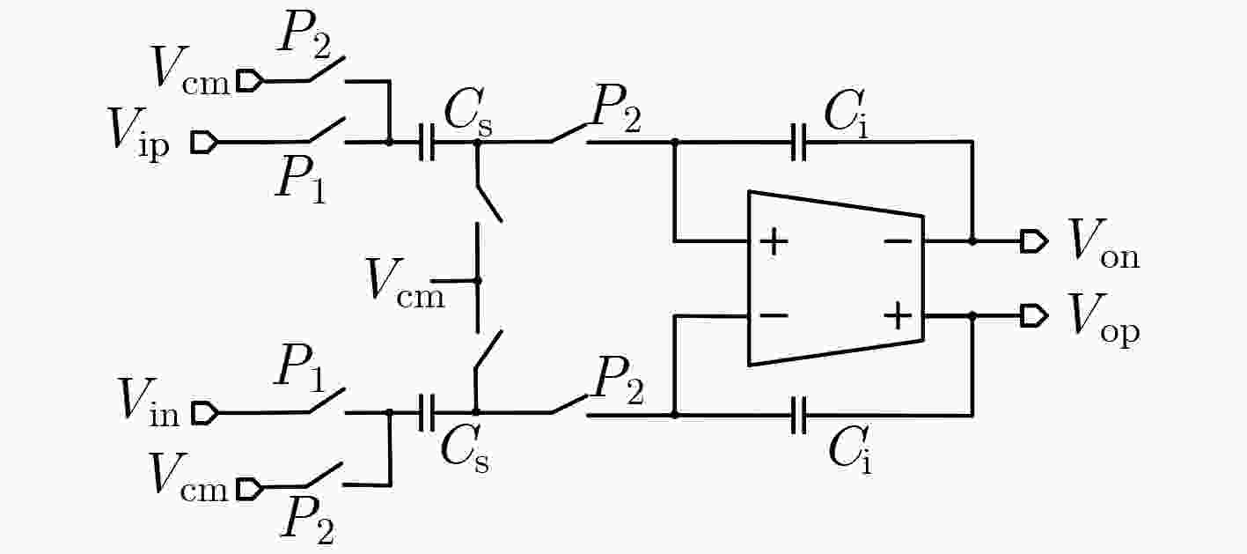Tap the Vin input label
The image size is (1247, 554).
[148, 402]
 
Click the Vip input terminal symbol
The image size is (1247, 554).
[204, 142]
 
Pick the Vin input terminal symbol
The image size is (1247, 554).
[204, 413]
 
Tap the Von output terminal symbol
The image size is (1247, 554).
[1034, 241]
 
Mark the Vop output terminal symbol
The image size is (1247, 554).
[1034, 316]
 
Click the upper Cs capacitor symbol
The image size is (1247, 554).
[427, 142]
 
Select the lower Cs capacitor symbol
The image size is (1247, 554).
[427, 413]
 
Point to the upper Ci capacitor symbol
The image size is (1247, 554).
[799, 142]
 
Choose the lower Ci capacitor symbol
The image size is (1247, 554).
[799, 415]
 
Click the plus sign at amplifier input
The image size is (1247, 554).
[774, 242]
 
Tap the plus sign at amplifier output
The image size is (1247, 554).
[898, 316]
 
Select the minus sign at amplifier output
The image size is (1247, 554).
[898, 241]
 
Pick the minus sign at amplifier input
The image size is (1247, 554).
[774, 316]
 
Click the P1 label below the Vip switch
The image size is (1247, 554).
[301, 178]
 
